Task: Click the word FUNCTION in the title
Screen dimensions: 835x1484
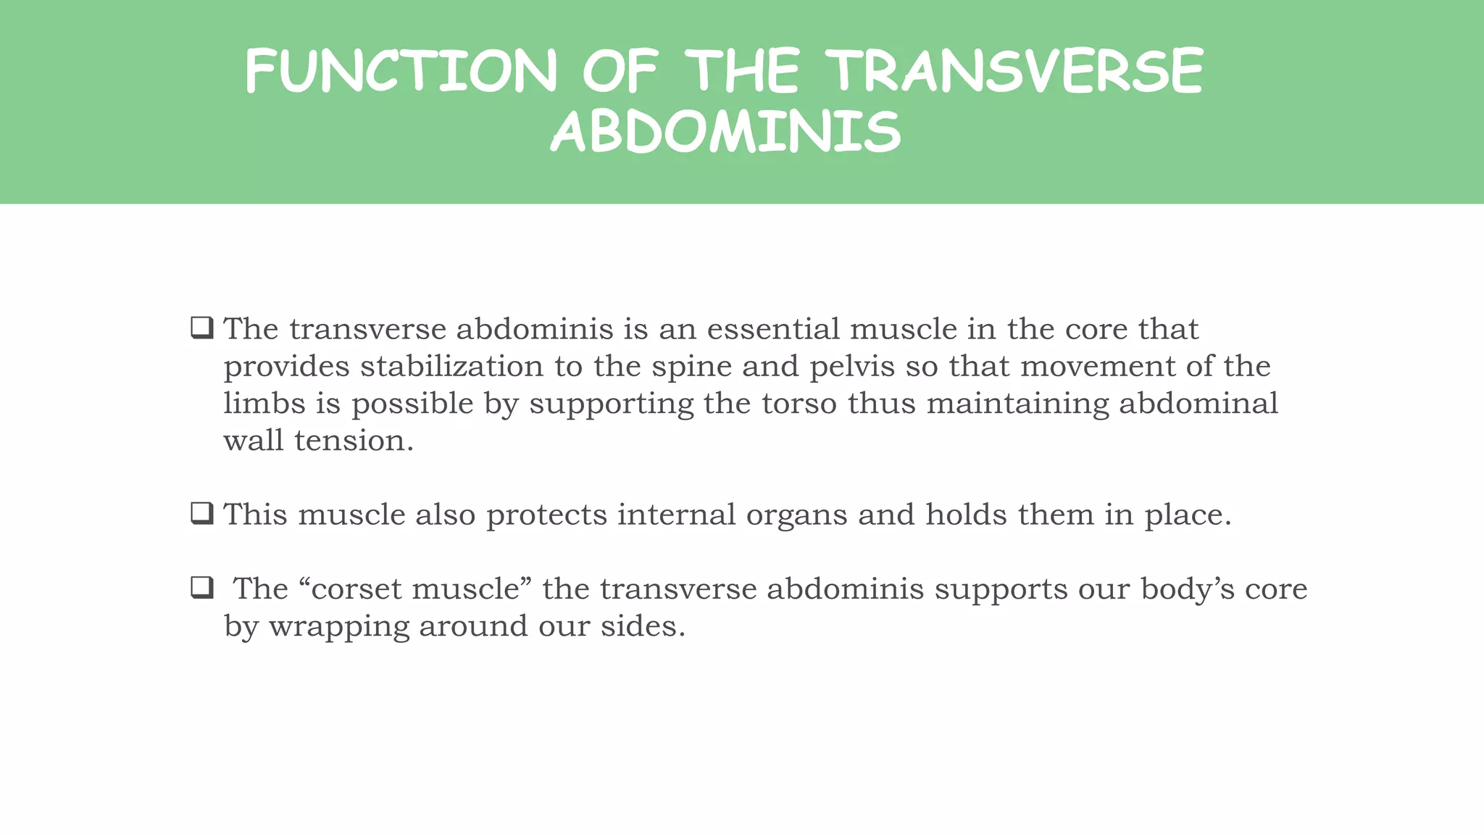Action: (x=401, y=71)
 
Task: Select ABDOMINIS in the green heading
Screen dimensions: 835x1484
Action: (x=725, y=133)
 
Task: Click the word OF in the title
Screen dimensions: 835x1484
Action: (x=620, y=71)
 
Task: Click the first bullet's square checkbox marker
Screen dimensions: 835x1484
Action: (x=202, y=328)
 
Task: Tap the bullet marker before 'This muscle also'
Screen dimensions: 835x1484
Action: (x=202, y=513)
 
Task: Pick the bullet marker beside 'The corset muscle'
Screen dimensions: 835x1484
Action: (x=202, y=587)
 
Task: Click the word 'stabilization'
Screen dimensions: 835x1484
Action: (x=451, y=366)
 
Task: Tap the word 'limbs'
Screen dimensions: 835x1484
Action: (x=264, y=403)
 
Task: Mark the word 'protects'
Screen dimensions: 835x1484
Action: (x=546, y=515)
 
